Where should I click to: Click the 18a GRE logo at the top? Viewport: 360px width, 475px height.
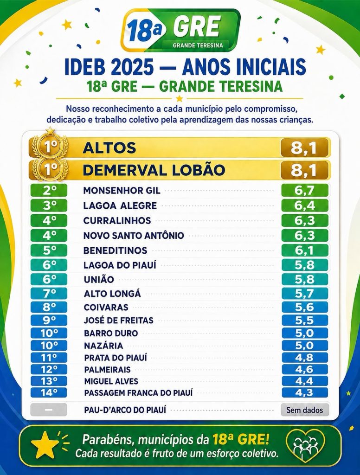click(x=180, y=30)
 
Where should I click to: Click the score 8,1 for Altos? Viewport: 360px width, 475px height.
click(x=304, y=148)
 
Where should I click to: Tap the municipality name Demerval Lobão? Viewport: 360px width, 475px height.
click(x=154, y=170)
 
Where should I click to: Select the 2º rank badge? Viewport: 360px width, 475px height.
click(x=49, y=191)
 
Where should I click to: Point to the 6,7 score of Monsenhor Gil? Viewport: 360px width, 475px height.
click(x=305, y=191)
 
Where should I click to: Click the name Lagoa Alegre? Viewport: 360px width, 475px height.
click(x=120, y=205)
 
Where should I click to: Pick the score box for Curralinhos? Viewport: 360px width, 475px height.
click(x=305, y=220)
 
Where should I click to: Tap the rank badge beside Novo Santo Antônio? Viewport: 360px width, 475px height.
click(x=49, y=235)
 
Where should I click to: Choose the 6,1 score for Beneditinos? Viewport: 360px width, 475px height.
click(x=305, y=250)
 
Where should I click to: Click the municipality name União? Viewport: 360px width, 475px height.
click(x=99, y=279)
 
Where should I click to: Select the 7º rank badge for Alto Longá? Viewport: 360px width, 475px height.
click(x=49, y=293)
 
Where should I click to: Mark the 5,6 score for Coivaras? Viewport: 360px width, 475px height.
click(x=305, y=307)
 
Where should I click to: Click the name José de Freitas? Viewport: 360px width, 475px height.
click(x=119, y=320)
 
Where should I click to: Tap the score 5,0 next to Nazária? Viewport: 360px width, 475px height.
click(x=305, y=345)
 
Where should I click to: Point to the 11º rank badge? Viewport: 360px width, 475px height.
click(x=49, y=358)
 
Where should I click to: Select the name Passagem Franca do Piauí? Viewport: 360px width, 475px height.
click(x=139, y=393)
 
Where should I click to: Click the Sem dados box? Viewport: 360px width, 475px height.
click(x=305, y=410)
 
